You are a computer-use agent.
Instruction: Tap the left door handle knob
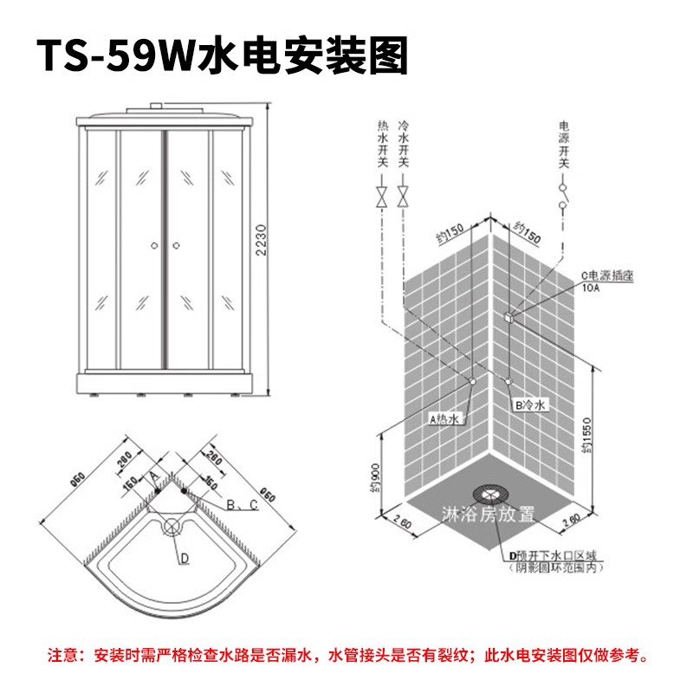(x=153, y=245)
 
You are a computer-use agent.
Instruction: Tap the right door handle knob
(x=175, y=245)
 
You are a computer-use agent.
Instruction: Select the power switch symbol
(x=563, y=197)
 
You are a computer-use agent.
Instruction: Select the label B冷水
(x=528, y=405)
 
